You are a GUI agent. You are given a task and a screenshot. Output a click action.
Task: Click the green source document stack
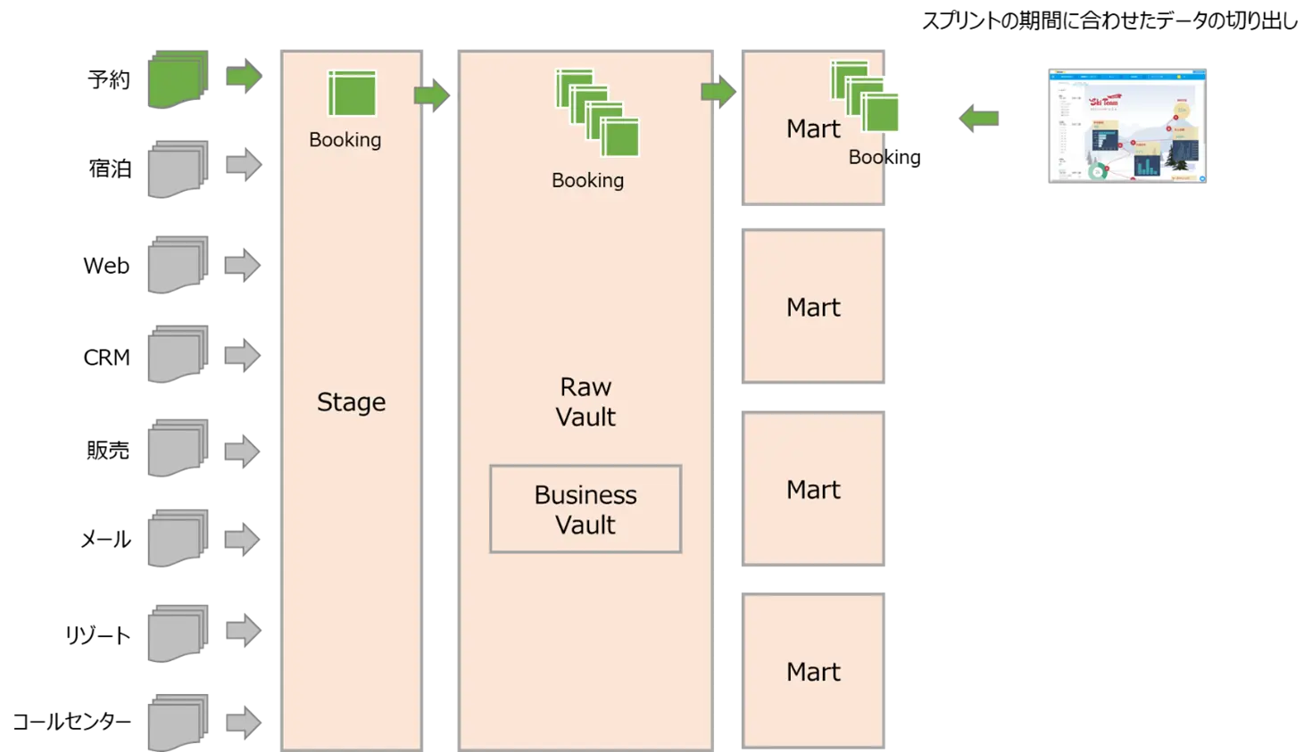(x=179, y=78)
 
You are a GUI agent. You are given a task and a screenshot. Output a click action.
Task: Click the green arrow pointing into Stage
(x=243, y=77)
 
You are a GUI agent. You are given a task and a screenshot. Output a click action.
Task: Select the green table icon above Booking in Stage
(x=352, y=94)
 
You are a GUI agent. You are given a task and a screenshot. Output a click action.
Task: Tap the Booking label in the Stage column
(x=345, y=140)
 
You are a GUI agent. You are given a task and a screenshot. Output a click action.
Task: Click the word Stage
(x=351, y=402)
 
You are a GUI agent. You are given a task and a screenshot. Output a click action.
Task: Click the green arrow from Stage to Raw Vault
(x=432, y=94)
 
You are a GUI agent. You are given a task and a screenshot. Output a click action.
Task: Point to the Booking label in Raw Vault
(x=587, y=180)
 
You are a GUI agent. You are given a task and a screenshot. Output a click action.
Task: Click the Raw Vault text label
(x=585, y=402)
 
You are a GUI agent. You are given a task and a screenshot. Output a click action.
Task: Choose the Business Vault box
(x=585, y=509)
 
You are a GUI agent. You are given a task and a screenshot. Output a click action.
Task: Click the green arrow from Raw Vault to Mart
(x=718, y=92)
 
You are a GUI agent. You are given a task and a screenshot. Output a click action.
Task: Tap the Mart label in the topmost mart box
(x=813, y=129)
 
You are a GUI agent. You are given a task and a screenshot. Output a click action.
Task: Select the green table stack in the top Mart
(x=865, y=97)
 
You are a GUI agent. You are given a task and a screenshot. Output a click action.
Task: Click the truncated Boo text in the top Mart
(x=865, y=158)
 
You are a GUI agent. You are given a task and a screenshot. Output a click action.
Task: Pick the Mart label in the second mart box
(x=813, y=308)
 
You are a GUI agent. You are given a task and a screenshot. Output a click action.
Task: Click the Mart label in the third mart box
(x=813, y=490)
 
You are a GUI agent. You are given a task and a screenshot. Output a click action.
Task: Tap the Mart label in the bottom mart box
(x=813, y=672)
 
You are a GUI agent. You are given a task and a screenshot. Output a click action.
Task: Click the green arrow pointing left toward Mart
(x=978, y=118)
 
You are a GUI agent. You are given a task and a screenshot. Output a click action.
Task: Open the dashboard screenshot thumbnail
(x=1127, y=125)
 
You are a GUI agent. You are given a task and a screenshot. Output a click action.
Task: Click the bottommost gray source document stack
(x=179, y=722)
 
